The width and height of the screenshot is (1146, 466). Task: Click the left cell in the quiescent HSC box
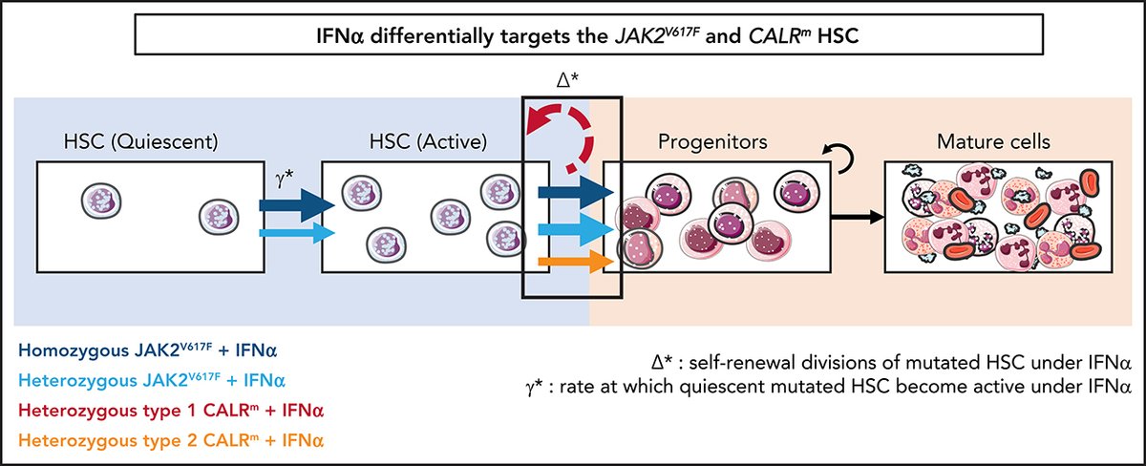(98, 201)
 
